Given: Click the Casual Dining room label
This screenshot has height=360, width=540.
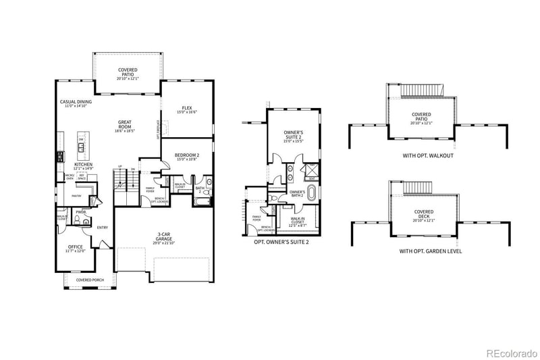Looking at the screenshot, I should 76,101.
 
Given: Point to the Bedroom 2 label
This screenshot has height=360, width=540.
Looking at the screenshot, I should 186,155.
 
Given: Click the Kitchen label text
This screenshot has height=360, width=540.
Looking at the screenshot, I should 83,164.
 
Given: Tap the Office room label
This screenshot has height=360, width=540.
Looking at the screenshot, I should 76,247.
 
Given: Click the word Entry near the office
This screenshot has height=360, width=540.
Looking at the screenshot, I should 102,228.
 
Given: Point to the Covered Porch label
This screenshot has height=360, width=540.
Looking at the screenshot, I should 89,280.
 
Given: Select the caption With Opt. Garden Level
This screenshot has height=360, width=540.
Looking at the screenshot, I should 426,251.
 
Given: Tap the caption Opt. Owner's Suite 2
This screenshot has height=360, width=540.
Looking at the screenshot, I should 281,241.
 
